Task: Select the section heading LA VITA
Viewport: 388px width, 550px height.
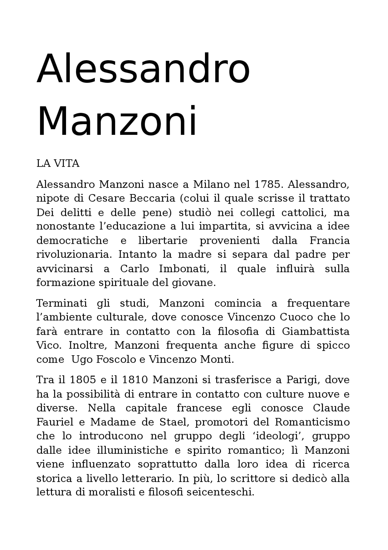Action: tap(58, 164)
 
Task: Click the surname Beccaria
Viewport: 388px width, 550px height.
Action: tap(152, 198)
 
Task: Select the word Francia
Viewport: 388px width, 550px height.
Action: tap(329, 241)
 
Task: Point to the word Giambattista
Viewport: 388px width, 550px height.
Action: tap(316, 331)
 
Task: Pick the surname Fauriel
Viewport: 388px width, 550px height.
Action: tap(55, 422)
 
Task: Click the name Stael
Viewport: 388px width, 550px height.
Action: tap(176, 422)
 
